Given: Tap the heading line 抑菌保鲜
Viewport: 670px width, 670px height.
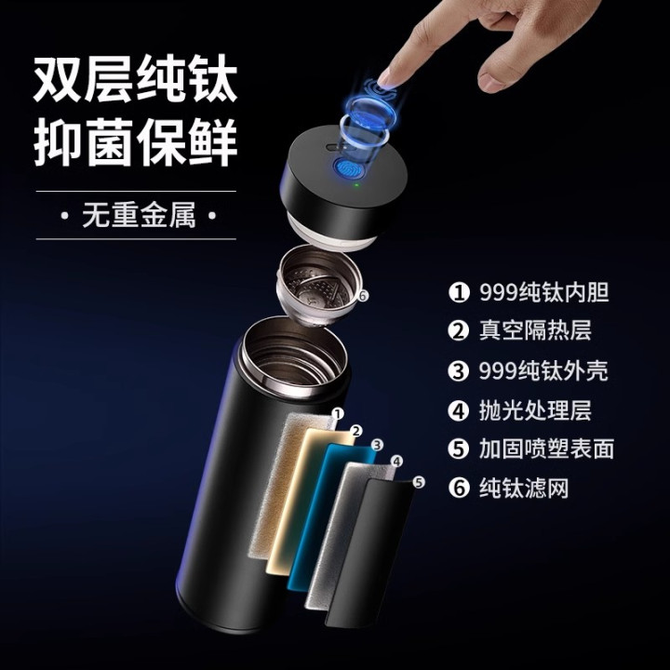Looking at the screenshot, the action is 135,142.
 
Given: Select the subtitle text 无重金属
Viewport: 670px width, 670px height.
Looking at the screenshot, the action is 139,215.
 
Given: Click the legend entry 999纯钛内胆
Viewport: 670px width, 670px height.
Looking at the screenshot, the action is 529,292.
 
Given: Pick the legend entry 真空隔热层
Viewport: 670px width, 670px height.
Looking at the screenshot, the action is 519,330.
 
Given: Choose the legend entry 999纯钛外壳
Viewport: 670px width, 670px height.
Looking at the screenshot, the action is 528,370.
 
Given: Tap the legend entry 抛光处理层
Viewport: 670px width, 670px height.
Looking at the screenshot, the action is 519,410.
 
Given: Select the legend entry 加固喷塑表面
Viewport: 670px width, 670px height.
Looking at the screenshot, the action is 531,449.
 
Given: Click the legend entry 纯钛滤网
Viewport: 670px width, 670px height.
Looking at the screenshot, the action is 508,488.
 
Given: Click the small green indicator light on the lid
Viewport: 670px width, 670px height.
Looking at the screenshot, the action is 355,185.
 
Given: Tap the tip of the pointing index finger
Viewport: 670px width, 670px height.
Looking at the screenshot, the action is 385,79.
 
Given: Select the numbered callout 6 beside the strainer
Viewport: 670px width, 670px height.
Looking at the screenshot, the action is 362,295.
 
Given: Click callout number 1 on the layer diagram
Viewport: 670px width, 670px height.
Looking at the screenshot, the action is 338,413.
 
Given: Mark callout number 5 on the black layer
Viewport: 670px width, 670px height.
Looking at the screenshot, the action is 419,482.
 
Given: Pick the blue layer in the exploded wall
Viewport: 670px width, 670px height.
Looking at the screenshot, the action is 331,517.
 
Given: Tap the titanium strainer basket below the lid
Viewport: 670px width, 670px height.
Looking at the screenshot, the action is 316,287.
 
